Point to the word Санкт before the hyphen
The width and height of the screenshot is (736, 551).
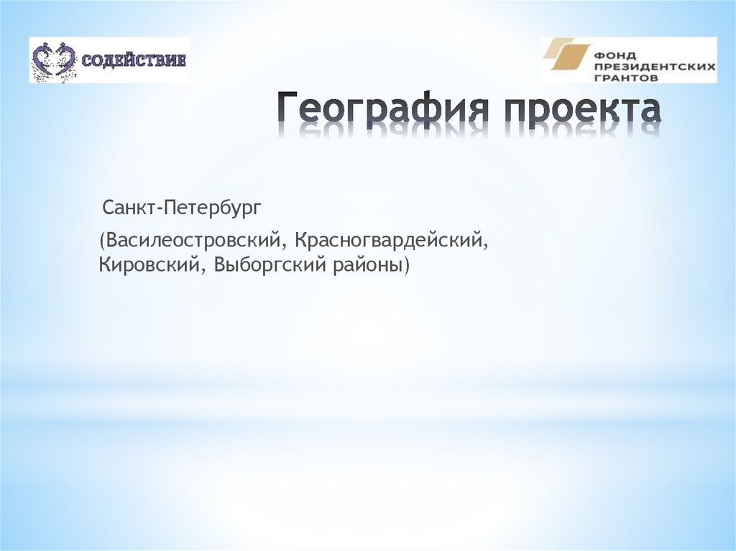click(129, 209)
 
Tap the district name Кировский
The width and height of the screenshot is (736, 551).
click(152, 266)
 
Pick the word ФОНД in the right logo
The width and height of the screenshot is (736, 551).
click(613, 52)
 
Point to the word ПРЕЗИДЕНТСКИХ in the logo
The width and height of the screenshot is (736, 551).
click(654, 64)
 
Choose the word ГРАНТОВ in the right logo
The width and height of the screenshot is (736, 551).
click(625, 75)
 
